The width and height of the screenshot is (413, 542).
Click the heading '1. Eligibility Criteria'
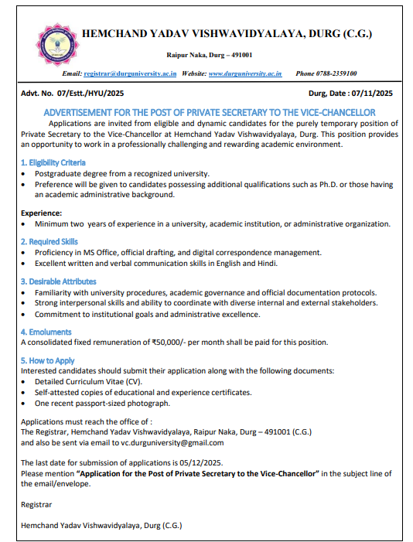53,162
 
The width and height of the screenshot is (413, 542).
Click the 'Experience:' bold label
41,213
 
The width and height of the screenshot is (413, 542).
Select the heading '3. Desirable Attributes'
58,281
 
